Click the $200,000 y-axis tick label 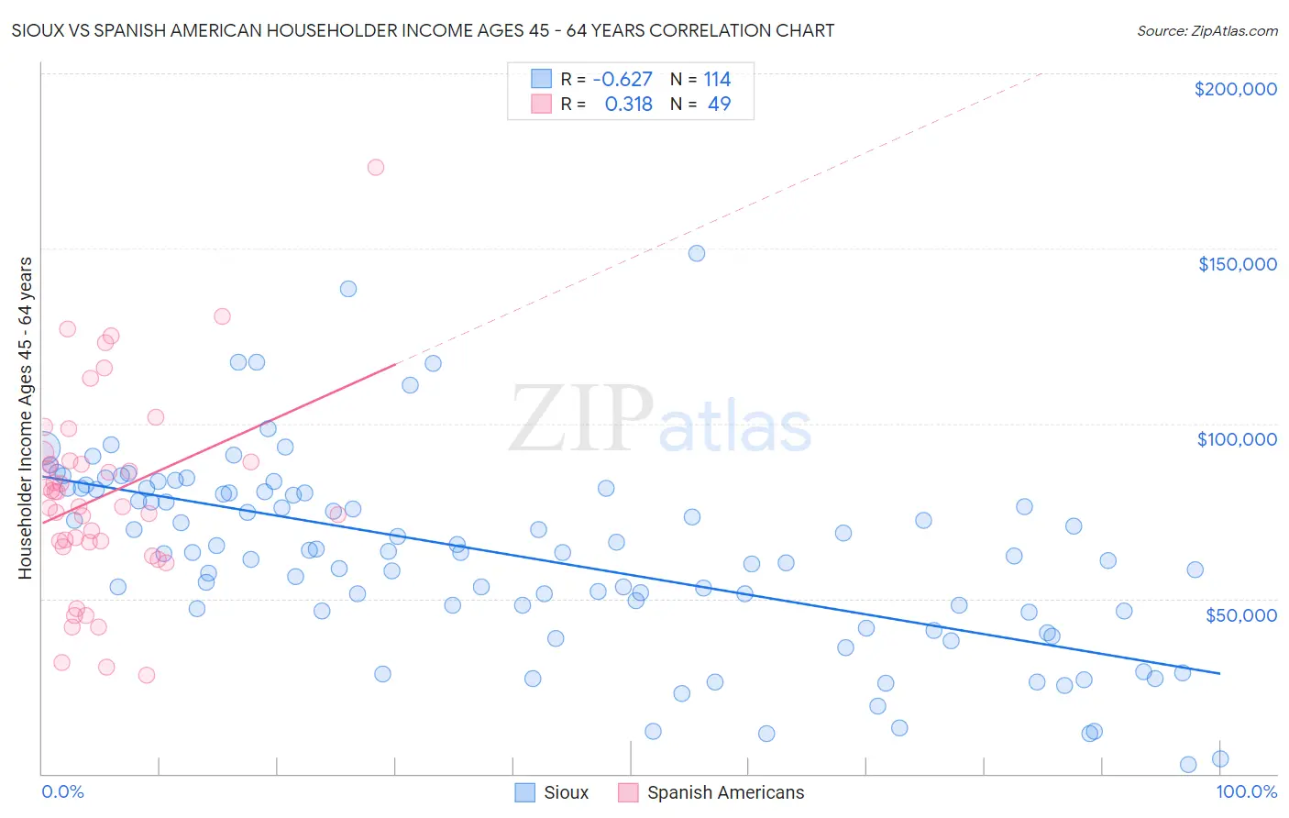(1235, 89)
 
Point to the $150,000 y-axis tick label (1237, 264)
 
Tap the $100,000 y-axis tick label (1237, 439)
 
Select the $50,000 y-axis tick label (1240, 614)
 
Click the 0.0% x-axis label (62, 791)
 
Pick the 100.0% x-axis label (1246, 791)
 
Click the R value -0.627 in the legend (622, 79)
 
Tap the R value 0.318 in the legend (628, 104)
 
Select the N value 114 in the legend (717, 79)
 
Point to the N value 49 (719, 104)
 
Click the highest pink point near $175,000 (375, 167)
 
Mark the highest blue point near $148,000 (697, 253)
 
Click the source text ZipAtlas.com (1206, 30)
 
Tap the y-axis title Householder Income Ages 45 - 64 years (25, 418)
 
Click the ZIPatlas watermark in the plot (660, 419)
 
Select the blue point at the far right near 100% (1219, 758)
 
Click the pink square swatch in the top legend (541, 104)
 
